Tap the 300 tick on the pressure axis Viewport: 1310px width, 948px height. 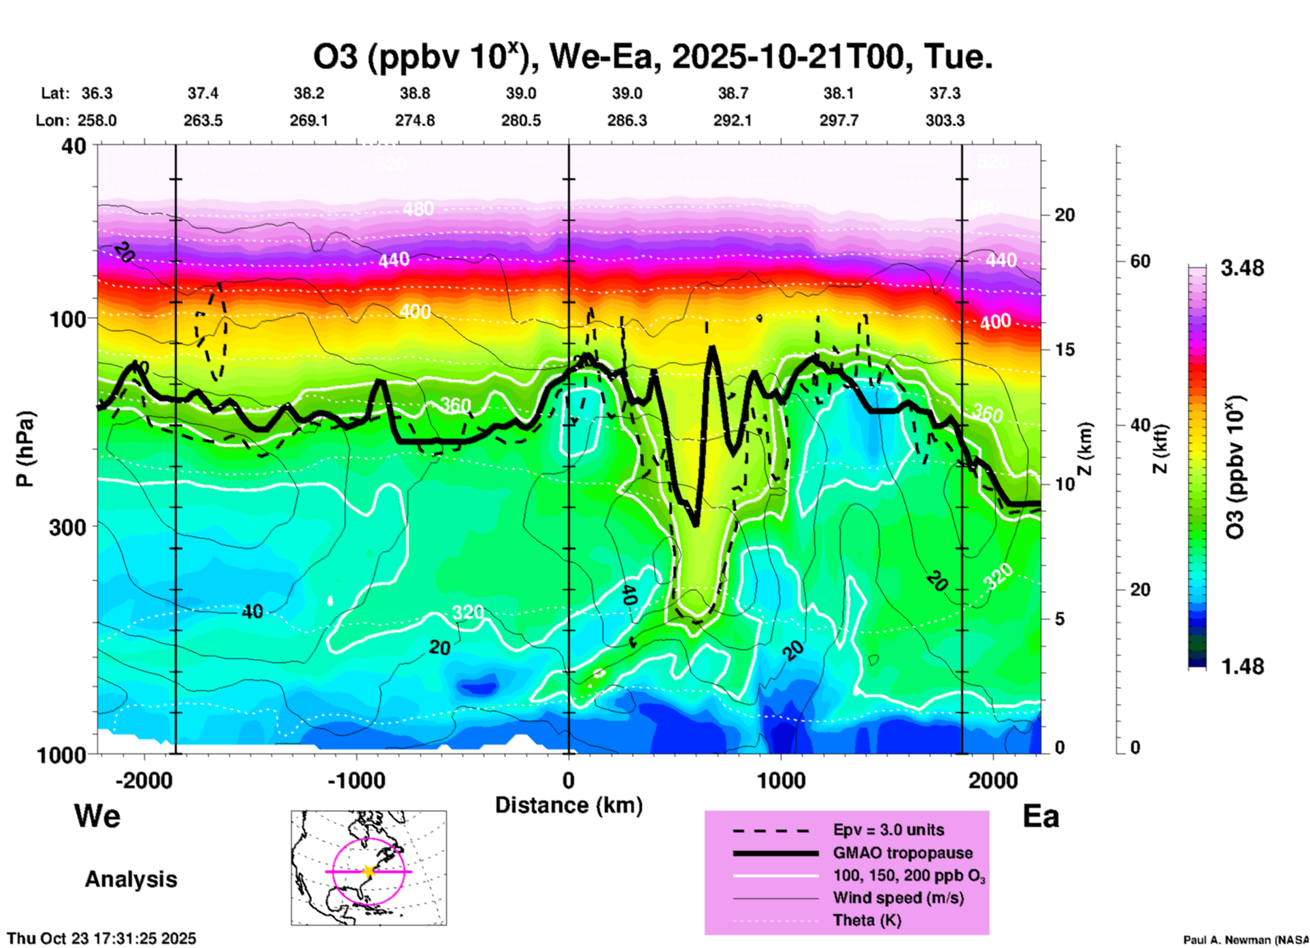(x=68, y=527)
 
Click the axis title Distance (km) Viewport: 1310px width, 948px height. (x=569, y=805)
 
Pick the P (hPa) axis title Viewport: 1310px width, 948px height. (x=25, y=449)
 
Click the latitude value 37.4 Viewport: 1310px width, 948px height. (x=203, y=93)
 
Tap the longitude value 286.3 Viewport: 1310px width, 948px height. (x=626, y=120)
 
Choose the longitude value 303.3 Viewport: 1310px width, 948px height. (x=945, y=120)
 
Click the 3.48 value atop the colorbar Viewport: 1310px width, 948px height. (x=1242, y=268)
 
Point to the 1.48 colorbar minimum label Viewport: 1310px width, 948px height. (x=1242, y=666)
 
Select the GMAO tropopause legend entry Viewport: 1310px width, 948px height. (x=903, y=853)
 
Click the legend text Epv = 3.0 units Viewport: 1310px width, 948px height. (x=888, y=830)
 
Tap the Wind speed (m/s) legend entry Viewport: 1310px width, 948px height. (x=898, y=898)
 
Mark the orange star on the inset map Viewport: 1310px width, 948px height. (x=369, y=871)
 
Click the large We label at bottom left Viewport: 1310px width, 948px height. (x=97, y=816)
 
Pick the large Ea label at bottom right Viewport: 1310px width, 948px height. (x=1041, y=816)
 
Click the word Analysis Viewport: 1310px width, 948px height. (x=131, y=879)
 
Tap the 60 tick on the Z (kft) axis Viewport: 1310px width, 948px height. (x=1140, y=261)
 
